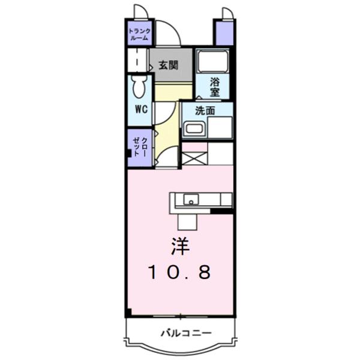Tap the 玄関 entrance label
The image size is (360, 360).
click(x=167, y=66)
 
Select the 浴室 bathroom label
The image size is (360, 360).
click(x=215, y=87)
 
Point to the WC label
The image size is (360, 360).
click(x=140, y=109)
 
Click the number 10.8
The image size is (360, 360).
click(x=179, y=273)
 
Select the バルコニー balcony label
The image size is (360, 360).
click(x=181, y=332)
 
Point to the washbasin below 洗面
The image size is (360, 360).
click(x=194, y=128)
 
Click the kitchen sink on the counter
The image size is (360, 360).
click(x=190, y=199)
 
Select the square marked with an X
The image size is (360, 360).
click(x=194, y=158)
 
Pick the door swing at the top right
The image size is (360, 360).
click(x=227, y=13)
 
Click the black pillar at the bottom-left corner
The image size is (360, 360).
click(x=128, y=313)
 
